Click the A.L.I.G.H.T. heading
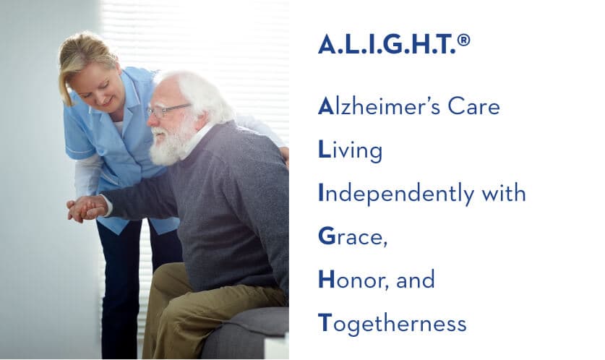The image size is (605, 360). click(386, 45)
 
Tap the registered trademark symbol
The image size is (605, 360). click(463, 40)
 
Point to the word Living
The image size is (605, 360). click(350, 151)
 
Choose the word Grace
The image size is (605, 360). click(352, 237)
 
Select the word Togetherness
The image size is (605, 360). click(392, 324)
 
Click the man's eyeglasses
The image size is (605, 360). click(167, 110)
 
